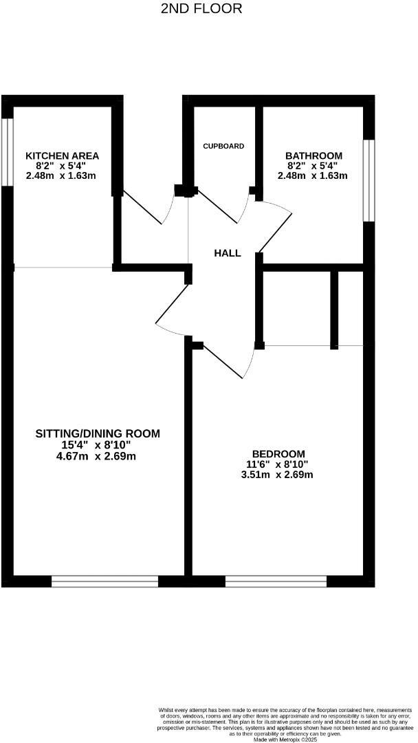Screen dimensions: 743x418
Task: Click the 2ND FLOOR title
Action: pos(201,9)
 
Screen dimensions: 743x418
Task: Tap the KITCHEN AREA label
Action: pos(62,156)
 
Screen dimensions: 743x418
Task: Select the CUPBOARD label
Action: pos(223,147)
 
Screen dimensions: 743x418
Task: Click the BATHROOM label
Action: pos(313,156)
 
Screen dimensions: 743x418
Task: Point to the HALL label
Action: pos(228,253)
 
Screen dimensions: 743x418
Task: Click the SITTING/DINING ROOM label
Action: pos(98,433)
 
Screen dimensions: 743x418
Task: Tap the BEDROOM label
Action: pos(278,453)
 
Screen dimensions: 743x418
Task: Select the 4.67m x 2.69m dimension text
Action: pos(98,455)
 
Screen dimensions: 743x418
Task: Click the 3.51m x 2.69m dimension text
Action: pos(278,475)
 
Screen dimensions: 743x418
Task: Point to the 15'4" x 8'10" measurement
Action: pos(98,444)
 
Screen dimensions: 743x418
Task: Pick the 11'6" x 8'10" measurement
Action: pos(278,464)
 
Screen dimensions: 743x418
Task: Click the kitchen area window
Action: pos(8,152)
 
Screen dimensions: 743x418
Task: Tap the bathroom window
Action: pos(369,180)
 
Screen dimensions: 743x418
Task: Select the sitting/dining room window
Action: pos(104,581)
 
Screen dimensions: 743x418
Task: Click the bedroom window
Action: pos(276,581)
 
